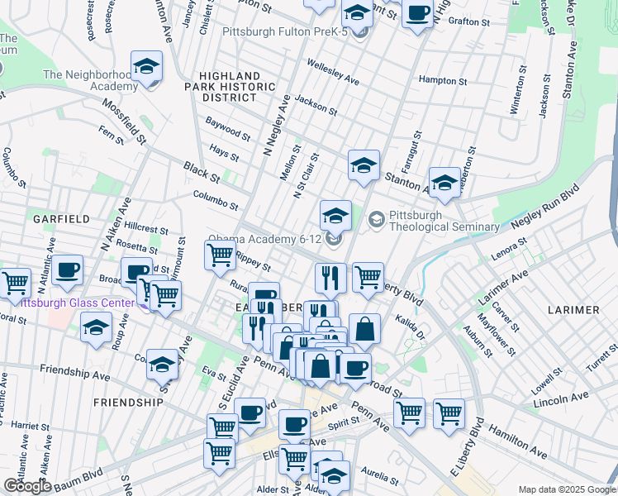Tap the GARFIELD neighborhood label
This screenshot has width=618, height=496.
click(61, 219)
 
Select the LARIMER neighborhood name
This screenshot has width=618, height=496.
click(573, 309)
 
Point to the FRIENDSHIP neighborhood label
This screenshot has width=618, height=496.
click(128, 402)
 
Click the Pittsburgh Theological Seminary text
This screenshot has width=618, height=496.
click(444, 221)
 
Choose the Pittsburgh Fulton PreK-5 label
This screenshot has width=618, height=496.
click(285, 31)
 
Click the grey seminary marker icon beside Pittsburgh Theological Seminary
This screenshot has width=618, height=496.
click(377, 220)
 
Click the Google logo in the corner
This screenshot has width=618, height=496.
click(26, 485)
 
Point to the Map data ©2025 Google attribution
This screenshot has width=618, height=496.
click(567, 489)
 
